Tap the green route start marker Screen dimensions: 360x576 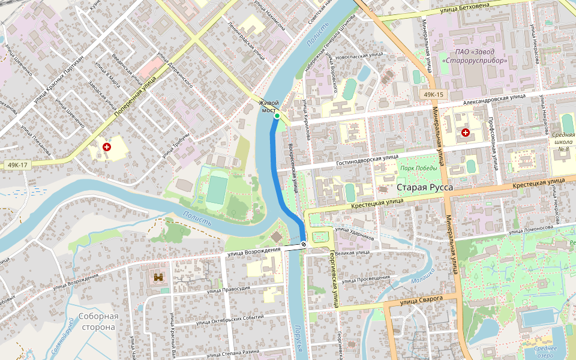[x=277, y=116]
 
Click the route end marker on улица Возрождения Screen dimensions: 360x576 [x=304, y=244]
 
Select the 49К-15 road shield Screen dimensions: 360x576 [x=433, y=95]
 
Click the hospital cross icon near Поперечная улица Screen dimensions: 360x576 [x=107, y=146]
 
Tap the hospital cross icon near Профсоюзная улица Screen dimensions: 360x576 [x=466, y=132]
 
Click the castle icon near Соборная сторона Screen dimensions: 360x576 [x=159, y=277]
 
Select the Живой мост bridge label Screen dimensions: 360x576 [x=269, y=107]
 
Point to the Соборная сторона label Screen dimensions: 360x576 [x=98, y=322]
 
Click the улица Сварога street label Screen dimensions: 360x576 [x=421, y=298]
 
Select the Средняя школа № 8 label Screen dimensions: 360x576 [x=563, y=142]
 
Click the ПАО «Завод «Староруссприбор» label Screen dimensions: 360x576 [x=475, y=56]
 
